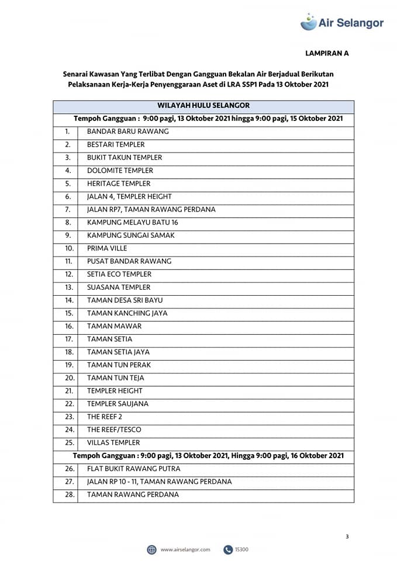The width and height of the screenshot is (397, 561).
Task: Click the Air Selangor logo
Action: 342,22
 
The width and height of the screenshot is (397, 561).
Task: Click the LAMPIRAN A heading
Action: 327,53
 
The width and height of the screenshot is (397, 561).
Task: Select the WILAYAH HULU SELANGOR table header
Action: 203,106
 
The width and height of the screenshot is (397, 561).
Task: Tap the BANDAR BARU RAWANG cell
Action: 127,131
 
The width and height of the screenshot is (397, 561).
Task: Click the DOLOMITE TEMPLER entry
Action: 120,171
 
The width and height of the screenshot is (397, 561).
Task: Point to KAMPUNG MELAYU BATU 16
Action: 133,223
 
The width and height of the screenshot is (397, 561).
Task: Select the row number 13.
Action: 69,288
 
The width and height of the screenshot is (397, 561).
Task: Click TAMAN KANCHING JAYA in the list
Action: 127,313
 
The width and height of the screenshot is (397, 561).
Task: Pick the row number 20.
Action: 69,378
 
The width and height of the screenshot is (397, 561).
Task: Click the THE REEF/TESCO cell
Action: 114,430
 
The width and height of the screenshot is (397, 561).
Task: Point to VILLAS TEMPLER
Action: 113,442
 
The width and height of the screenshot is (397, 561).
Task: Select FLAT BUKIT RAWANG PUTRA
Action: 133,469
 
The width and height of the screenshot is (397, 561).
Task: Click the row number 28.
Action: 69,494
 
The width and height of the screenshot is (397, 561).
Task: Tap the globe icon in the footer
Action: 151,549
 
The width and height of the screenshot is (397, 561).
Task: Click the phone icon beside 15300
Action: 228,549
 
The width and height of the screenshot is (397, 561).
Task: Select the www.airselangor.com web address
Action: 185,549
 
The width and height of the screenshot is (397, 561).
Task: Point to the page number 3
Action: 347,536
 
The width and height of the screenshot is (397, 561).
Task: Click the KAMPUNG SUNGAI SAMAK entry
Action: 130,236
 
